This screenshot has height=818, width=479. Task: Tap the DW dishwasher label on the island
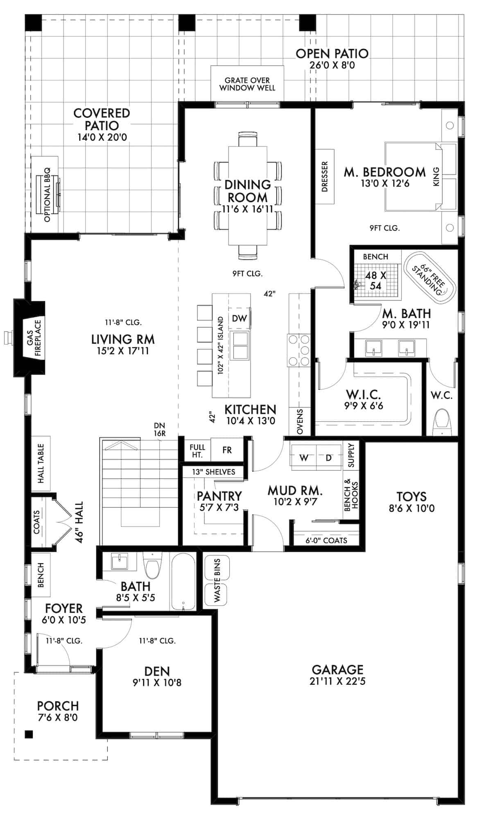coord(239,318)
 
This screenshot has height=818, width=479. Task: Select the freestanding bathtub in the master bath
coord(429,278)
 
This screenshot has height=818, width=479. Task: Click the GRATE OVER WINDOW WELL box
coord(247,84)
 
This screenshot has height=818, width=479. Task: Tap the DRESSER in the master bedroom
coord(325,176)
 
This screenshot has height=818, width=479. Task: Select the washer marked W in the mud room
coord(304,458)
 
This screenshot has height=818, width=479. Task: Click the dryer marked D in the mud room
coord(328,458)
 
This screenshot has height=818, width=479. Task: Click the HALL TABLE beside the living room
coord(41,463)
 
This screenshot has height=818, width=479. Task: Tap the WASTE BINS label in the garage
coord(217,580)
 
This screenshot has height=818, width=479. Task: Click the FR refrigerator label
coord(227,450)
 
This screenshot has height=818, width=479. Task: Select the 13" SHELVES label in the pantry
coord(214,472)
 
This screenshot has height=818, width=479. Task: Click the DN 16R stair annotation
coord(160,429)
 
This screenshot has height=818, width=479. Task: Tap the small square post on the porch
coord(29,734)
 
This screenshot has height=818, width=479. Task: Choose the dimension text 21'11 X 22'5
coord(337,681)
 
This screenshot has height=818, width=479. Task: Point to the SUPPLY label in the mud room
coord(351,455)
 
